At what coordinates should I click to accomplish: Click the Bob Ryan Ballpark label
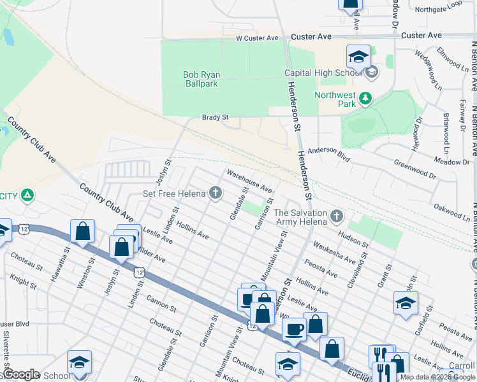pos(201,79)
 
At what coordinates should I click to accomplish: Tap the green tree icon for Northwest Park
pos(365,98)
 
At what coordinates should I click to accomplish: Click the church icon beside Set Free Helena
pos(216,194)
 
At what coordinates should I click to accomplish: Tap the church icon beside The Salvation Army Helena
pos(336,218)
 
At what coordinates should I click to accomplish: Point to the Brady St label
pos(215,118)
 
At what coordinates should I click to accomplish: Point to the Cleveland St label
pos(356,272)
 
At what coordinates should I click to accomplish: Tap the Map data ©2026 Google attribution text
pos(437,377)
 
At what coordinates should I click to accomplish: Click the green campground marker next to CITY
pos(27,195)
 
